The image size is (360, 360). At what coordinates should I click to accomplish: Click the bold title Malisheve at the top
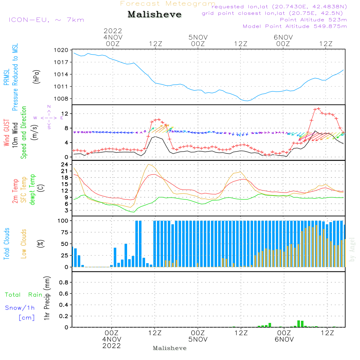coord(155,14)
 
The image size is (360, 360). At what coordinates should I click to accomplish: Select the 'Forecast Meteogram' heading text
coord(168,4)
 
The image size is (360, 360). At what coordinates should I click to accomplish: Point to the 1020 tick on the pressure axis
coord(61,50)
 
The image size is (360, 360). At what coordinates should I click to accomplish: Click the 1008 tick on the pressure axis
coord(61,99)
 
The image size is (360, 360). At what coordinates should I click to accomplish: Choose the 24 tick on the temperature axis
coord(65,165)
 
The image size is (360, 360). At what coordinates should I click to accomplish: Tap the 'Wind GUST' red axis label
coord(6,133)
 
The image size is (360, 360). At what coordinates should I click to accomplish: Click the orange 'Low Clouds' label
coord(24,243)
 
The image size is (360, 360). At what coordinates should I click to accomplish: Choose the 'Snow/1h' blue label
coord(20,308)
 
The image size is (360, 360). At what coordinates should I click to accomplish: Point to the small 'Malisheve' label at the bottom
coord(170,348)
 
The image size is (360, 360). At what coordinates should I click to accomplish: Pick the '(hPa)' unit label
coord(37,76)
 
